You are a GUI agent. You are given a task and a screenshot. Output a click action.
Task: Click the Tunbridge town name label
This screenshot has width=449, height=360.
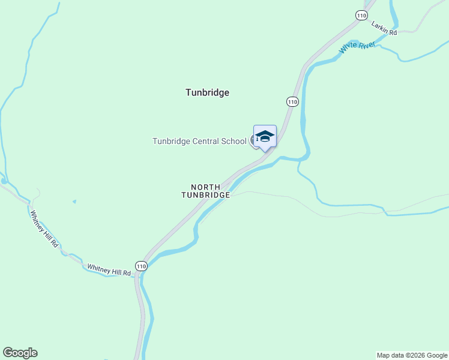[x=207, y=92]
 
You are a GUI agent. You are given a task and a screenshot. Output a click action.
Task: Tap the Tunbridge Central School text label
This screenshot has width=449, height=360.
[x=199, y=142]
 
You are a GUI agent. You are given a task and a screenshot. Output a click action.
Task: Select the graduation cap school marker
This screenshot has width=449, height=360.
[x=265, y=137]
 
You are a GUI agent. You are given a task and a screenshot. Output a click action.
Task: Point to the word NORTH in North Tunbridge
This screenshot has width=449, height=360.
[x=206, y=187]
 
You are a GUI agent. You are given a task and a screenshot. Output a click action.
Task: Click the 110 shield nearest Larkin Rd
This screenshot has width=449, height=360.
[x=361, y=16]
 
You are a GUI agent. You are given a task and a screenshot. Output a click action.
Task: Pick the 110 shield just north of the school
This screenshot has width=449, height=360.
[x=292, y=102]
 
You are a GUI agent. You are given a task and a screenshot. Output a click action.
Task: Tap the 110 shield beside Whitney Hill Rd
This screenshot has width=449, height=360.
[x=141, y=266]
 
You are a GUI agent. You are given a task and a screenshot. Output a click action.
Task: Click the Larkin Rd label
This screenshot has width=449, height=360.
[x=384, y=29]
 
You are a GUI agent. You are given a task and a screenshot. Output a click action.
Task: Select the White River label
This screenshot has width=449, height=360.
[x=357, y=47]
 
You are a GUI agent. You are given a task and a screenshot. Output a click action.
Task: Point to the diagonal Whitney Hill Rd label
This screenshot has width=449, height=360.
[x=44, y=229]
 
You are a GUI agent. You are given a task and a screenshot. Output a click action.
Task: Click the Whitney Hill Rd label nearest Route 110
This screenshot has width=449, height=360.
[x=109, y=269]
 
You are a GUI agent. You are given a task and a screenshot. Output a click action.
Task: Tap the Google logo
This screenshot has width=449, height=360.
[x=20, y=353]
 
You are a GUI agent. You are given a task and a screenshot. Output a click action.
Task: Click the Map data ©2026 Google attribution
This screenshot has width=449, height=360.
[x=411, y=355]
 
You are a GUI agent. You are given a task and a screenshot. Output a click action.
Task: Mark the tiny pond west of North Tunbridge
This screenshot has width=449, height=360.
[x=74, y=201]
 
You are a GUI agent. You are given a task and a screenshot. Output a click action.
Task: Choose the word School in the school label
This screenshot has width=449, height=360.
[x=234, y=142]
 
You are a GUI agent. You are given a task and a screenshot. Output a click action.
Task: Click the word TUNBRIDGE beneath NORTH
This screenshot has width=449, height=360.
[x=206, y=196]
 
